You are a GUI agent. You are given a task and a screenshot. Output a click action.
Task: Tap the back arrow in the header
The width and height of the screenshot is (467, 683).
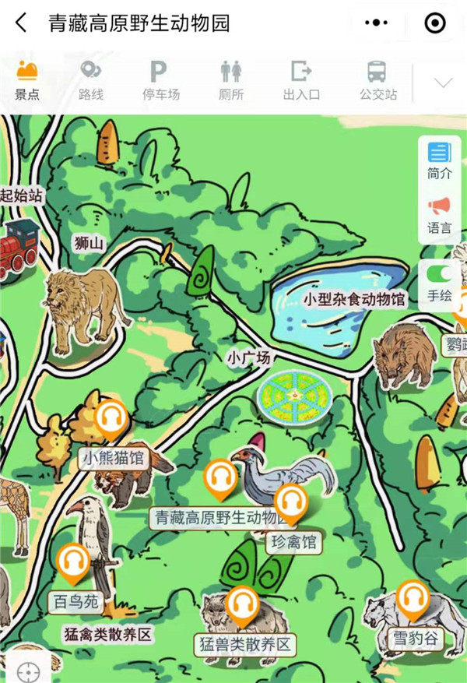(21, 23)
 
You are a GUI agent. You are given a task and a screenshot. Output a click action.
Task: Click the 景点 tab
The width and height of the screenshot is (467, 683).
(27, 81)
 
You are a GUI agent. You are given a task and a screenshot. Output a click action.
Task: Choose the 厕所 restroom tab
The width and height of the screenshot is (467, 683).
(231, 81)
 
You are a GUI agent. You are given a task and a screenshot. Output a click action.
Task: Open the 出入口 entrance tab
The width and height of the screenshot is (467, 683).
(301, 81)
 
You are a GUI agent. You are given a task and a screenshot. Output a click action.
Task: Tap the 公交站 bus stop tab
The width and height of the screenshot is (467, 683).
(377, 81)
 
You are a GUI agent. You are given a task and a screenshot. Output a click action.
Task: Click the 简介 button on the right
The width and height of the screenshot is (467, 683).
(439, 161)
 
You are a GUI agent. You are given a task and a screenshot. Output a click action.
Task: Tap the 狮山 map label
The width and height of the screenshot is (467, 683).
(89, 244)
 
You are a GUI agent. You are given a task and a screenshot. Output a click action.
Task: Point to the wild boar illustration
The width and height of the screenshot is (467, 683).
(405, 354)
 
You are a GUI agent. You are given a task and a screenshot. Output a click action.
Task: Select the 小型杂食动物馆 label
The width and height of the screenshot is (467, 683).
(354, 299)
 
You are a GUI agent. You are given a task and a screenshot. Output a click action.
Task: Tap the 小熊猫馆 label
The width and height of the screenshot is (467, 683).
(114, 457)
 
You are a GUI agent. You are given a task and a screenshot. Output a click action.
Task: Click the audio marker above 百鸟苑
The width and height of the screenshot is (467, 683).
(75, 564)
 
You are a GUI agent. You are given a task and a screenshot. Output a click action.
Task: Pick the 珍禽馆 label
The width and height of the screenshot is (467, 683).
(294, 542)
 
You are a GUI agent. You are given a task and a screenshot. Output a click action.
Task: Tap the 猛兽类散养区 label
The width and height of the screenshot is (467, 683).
(244, 644)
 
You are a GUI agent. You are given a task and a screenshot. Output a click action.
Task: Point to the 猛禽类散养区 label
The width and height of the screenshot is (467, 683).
(108, 635)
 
